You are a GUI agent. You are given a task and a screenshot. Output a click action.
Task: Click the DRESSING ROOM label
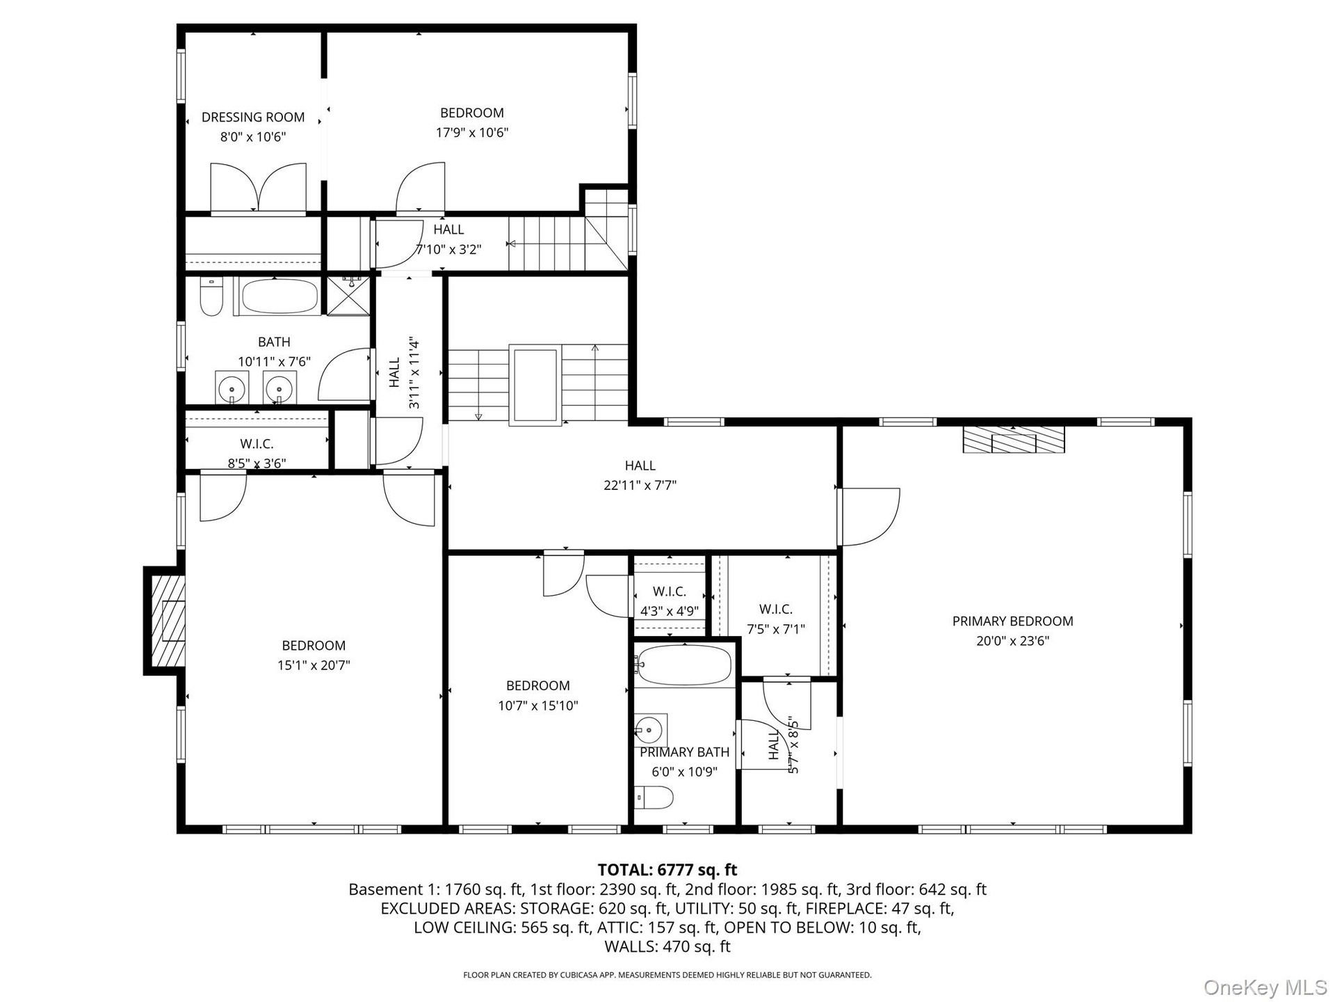pyautogui.click(x=253, y=117)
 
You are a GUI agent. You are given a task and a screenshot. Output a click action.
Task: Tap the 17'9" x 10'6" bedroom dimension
pyautogui.click(x=472, y=132)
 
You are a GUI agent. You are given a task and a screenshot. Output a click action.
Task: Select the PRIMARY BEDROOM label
pyautogui.click(x=1012, y=621)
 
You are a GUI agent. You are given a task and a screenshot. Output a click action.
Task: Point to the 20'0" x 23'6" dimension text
pyautogui.click(x=1012, y=641)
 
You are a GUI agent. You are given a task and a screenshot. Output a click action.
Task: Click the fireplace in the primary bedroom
pyautogui.click(x=1013, y=440)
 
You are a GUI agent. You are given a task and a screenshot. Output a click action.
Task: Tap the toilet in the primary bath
pyautogui.click(x=654, y=797)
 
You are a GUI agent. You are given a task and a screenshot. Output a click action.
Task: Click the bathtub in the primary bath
pyautogui.click(x=684, y=665)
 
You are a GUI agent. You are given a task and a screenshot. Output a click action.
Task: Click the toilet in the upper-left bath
pyautogui.click(x=210, y=297)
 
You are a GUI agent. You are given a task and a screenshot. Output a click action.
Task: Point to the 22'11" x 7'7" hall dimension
pyautogui.click(x=640, y=485)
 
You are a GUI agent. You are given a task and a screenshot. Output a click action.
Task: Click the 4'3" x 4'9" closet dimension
pyautogui.click(x=670, y=612)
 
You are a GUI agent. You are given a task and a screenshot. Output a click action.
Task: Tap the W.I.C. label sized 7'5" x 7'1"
pyautogui.click(x=776, y=610)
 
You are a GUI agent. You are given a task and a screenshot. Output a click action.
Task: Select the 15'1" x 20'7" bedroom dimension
pyautogui.click(x=314, y=665)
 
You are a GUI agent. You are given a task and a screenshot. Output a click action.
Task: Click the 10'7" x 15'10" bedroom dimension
pyautogui.click(x=538, y=706)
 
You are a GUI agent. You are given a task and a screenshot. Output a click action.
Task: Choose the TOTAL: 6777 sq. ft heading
pyautogui.click(x=667, y=870)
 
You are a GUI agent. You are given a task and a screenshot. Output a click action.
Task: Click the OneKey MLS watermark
pyautogui.click(x=1265, y=987)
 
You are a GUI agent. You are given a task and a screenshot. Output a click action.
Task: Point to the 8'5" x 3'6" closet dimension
pyautogui.click(x=257, y=463)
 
